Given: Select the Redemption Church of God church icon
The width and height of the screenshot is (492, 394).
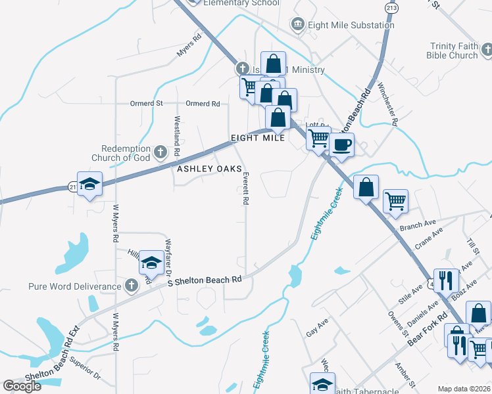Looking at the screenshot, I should [x=159, y=153].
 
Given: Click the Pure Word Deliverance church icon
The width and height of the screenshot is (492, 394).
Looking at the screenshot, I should [x=131, y=286].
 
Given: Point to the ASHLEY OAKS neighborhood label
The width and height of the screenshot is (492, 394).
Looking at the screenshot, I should [x=205, y=169].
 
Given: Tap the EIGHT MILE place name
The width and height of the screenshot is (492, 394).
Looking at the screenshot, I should [x=258, y=138].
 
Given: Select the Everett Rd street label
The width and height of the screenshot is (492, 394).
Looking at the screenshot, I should [x=245, y=189].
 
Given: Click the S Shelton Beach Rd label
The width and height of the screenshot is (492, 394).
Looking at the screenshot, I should [x=205, y=280].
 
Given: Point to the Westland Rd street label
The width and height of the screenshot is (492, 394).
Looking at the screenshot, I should [x=177, y=136].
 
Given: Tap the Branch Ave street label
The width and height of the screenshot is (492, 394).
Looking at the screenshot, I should [x=412, y=225].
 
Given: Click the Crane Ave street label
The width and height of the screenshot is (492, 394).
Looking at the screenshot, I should [x=429, y=239].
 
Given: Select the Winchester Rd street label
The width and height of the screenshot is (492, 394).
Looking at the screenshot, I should [x=388, y=103].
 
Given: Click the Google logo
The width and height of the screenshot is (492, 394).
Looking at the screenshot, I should [x=22, y=385].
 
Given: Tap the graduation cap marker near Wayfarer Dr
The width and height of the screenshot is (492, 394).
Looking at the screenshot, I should [x=151, y=263].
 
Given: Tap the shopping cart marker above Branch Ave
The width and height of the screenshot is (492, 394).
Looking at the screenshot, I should [x=395, y=201].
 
